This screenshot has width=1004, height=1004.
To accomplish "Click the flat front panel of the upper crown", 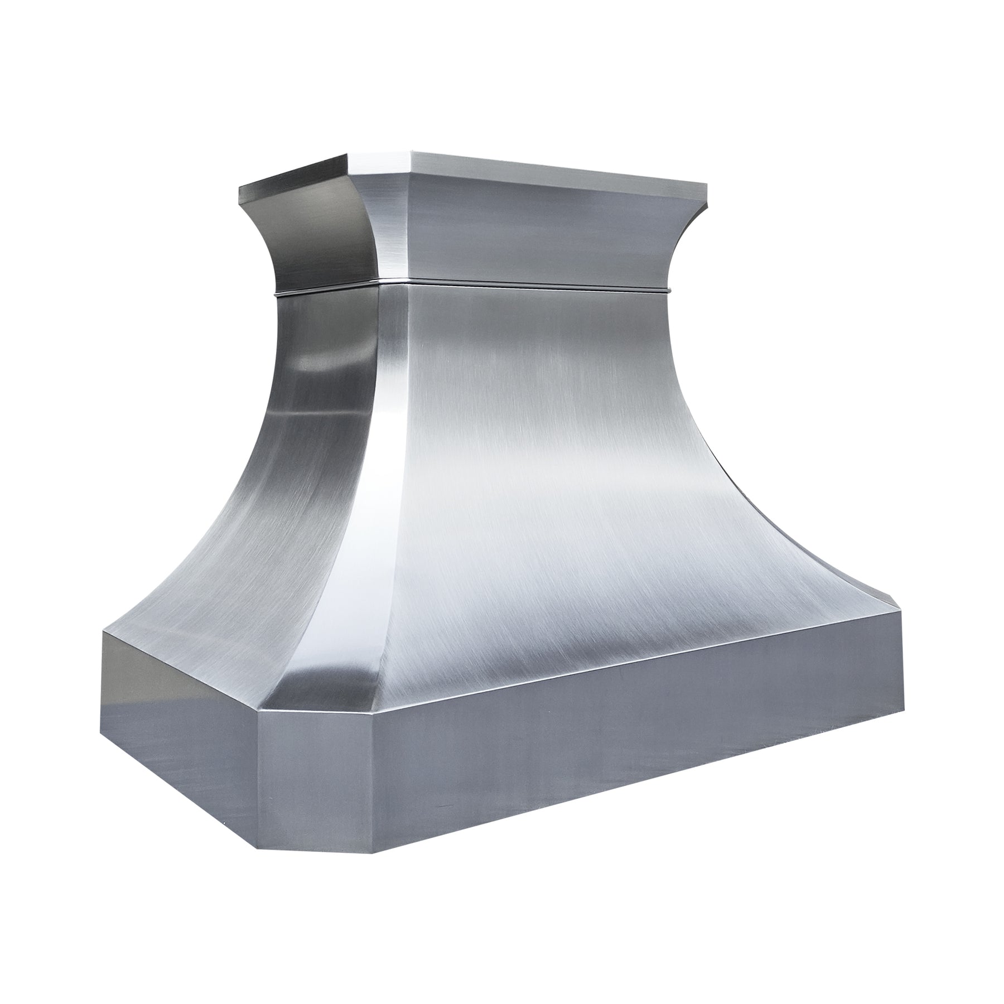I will pyautogui.click(x=535, y=234).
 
